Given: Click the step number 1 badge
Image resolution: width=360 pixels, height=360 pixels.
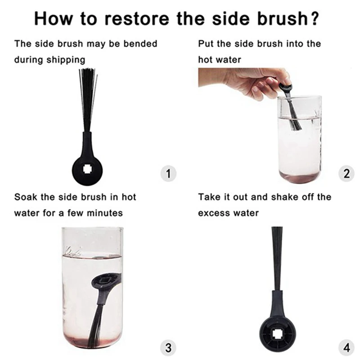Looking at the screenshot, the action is pos(168,174).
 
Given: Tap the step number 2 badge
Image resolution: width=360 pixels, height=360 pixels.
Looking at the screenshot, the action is pos(346,174).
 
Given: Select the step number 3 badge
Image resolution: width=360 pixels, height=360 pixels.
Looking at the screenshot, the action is pos(168,347).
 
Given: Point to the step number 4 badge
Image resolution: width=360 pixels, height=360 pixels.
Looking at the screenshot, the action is pos(346,347).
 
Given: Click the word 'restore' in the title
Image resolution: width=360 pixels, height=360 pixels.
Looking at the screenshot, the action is pos(137,18).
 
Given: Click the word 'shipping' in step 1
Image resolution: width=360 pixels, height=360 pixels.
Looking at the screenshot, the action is pos(66,60).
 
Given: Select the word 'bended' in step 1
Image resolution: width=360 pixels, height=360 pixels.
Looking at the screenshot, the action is pos(140,44).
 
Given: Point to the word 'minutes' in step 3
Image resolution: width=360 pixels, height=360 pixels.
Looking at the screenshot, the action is pos(105,213).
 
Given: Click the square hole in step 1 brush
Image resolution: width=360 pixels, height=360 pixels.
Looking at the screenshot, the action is pos(87,170).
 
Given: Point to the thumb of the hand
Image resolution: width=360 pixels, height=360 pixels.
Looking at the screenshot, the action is pos(284,77).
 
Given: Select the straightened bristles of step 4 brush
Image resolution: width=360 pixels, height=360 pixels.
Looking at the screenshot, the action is pos(277,259).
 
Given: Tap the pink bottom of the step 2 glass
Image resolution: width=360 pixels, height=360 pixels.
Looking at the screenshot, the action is pos(299,177).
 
